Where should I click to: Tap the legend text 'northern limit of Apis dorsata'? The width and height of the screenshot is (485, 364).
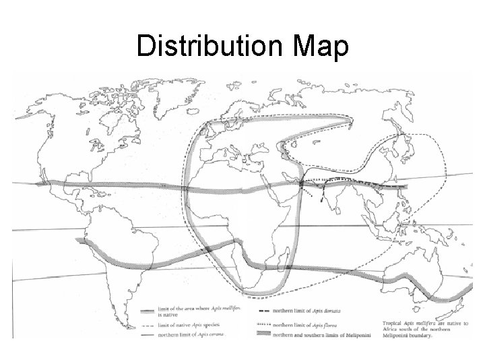click(x=318, y=311)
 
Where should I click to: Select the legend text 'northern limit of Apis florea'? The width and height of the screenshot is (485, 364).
click(x=317, y=322)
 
